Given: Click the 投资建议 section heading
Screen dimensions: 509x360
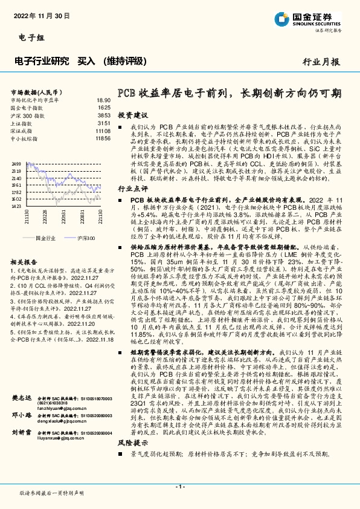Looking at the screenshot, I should pos(132,114).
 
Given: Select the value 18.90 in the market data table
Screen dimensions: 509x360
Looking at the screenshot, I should pos(103,100).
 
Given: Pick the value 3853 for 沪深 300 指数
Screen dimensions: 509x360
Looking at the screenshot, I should pos(104,115).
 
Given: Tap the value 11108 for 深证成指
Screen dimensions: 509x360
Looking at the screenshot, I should pos(103,131).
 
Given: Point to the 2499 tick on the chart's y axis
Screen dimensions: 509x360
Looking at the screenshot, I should pos(16,164).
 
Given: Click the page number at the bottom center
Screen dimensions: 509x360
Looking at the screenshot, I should pos(180,486).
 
